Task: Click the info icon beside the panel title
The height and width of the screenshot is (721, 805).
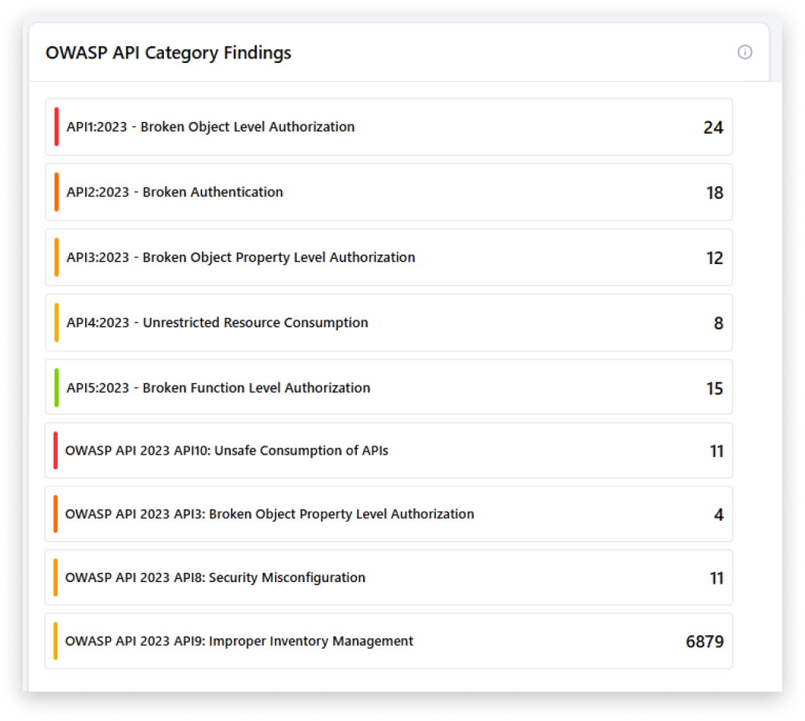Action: pyautogui.click(x=745, y=52)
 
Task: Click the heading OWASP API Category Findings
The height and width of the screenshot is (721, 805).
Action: pyautogui.click(x=168, y=53)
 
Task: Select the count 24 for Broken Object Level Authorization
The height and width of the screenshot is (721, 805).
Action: pyautogui.click(x=713, y=128)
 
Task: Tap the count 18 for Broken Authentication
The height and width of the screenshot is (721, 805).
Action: pyautogui.click(x=715, y=193)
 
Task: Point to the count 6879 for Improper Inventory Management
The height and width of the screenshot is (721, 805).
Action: pyautogui.click(x=705, y=642)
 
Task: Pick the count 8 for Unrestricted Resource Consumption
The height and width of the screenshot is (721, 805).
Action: pyautogui.click(x=718, y=323)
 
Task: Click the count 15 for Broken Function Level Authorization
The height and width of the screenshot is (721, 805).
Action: pyautogui.click(x=715, y=389)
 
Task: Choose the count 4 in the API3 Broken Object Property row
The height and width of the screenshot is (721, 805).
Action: pyautogui.click(x=718, y=515)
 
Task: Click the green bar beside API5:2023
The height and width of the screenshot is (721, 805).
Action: pyautogui.click(x=57, y=388)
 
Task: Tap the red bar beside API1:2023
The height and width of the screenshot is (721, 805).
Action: pyautogui.click(x=57, y=127)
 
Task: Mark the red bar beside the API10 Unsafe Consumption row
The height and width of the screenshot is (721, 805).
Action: pyautogui.click(x=55, y=451)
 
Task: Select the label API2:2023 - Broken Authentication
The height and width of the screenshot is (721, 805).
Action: pyautogui.click(x=175, y=192)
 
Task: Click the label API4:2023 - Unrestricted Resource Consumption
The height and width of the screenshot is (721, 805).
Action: pyautogui.click(x=217, y=323)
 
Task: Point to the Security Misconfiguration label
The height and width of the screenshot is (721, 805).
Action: pyautogui.click(x=215, y=578)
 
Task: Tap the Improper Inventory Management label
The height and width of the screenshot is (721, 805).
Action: pyautogui.click(x=239, y=641)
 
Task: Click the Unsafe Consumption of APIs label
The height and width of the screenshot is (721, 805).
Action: pyautogui.click(x=226, y=451)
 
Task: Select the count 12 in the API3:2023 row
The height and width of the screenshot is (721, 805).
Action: pyautogui.click(x=715, y=258)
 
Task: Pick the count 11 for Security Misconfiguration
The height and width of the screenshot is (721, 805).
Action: pyautogui.click(x=717, y=578)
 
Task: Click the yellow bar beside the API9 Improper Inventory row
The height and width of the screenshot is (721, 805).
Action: pyautogui.click(x=55, y=641)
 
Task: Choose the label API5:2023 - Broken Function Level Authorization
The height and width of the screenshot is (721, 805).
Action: pyautogui.click(x=218, y=388)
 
